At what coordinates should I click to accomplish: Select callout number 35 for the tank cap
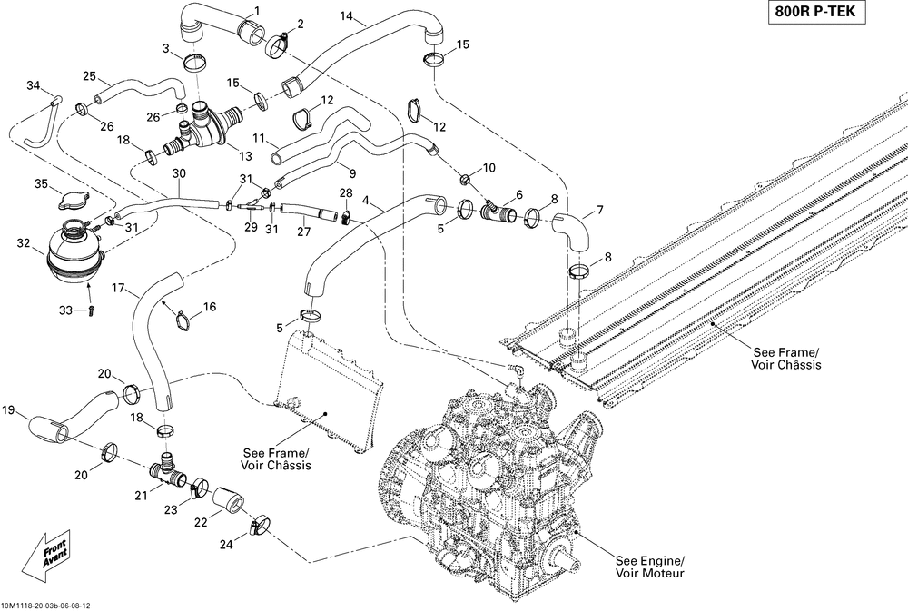tap(40, 184)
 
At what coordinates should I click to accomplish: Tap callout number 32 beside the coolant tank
tap(23, 242)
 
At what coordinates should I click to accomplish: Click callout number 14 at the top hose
tap(347, 16)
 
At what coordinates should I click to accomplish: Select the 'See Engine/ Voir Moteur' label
tap(649, 567)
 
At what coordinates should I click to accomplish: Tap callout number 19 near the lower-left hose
tap(9, 411)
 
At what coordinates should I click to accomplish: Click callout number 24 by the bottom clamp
tap(226, 544)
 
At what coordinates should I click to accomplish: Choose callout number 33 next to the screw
tap(65, 310)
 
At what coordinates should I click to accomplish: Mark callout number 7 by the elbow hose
tap(599, 211)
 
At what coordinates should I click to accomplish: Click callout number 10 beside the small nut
tap(489, 167)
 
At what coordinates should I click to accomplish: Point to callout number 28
tap(345, 193)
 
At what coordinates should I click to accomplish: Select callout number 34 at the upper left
tap(34, 86)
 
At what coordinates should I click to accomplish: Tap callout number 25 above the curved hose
tap(89, 75)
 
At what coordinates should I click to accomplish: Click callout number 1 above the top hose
tap(255, 10)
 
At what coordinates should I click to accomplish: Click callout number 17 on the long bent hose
tap(118, 288)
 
